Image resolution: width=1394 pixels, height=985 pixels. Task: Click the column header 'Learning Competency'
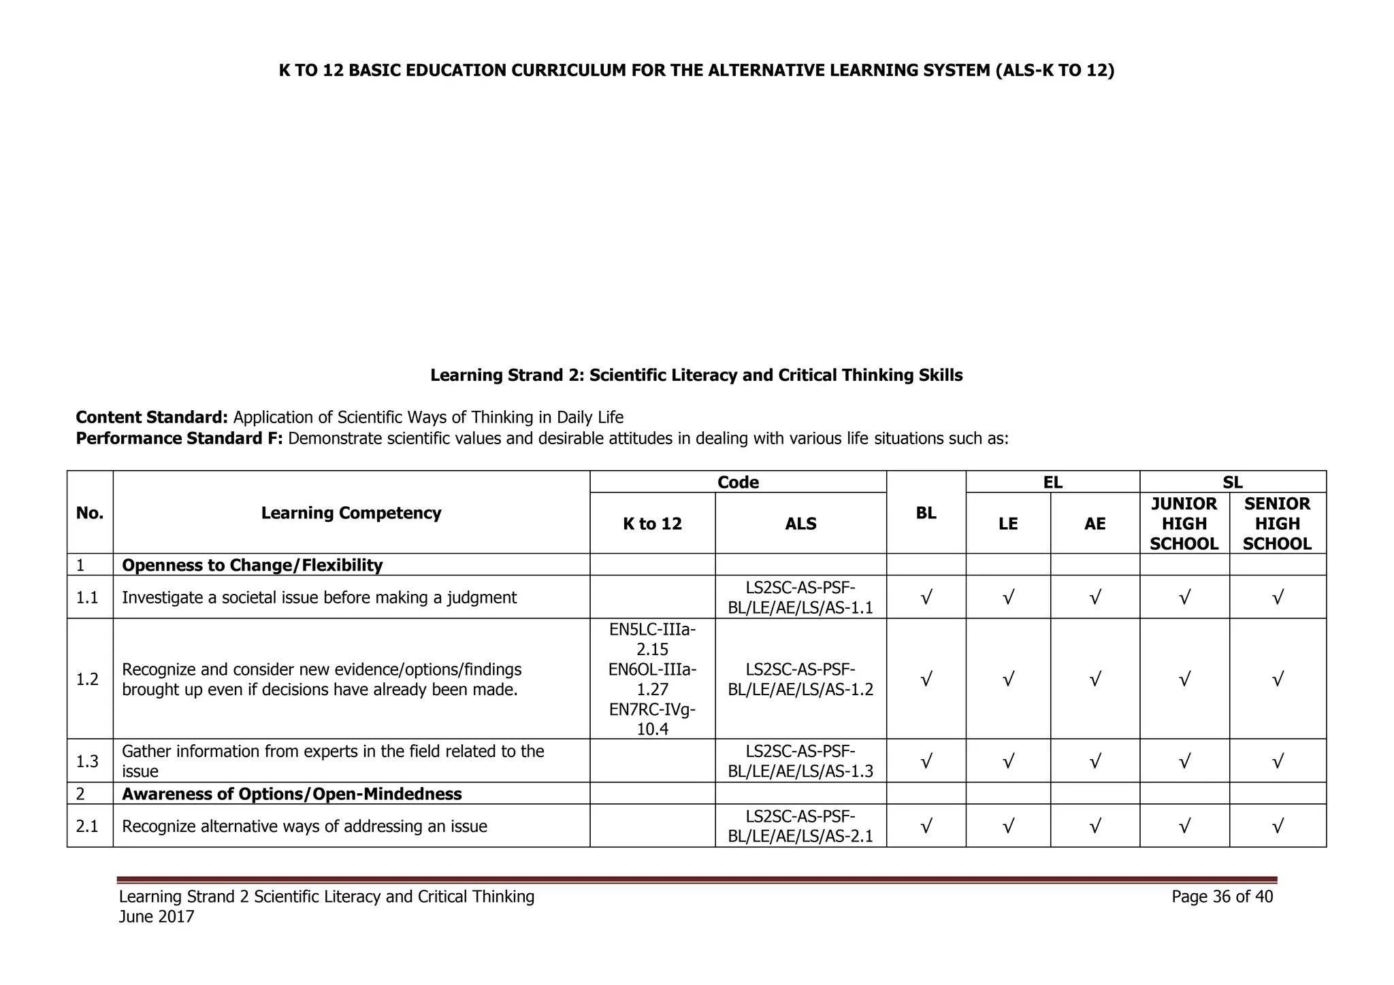[x=351, y=513]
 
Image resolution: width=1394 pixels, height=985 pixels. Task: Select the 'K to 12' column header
[x=652, y=523]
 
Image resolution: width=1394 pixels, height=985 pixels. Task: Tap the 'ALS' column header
[x=800, y=523]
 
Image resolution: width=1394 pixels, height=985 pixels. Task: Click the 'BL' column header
[x=926, y=513]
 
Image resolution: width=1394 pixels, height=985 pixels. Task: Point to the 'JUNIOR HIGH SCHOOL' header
[x=1184, y=523]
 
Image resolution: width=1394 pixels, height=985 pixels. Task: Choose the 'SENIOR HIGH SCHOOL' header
[x=1277, y=523]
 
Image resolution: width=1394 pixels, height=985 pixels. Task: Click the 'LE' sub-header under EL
[x=1008, y=523]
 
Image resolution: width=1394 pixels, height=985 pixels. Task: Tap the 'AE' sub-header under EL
[x=1095, y=523]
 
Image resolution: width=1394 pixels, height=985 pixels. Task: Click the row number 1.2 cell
[x=88, y=679]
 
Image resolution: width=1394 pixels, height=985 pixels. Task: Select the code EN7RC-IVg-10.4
[x=652, y=720]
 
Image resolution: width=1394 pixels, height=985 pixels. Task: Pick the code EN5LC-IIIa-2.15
[x=652, y=639]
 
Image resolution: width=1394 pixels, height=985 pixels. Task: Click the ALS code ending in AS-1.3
[x=800, y=761]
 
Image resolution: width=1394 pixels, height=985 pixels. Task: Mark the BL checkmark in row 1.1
[x=926, y=598]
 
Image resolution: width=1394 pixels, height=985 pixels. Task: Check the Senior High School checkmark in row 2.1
[x=1278, y=827]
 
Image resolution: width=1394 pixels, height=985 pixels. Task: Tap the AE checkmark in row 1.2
[x=1095, y=679]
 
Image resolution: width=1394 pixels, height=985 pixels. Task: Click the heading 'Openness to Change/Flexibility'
[x=252, y=565]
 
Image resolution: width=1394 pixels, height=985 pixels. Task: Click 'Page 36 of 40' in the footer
[x=1222, y=897]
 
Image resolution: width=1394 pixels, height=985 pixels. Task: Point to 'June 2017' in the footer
[x=157, y=917]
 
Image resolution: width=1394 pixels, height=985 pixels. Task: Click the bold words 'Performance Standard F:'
[x=178, y=438]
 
